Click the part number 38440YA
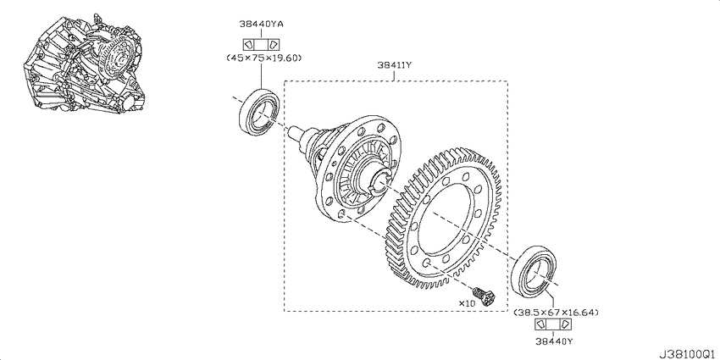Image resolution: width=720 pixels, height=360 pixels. pos(261,24)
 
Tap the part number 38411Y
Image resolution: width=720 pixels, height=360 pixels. pos(394,65)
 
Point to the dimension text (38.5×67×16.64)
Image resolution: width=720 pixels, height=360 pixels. pos(556,313)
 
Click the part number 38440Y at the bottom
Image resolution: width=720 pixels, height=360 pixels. pos(554,341)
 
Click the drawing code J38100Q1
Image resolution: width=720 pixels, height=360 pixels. pos(689,355)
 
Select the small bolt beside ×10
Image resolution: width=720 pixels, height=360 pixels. pos(484,295)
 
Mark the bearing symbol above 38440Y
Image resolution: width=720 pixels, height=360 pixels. pos(553,324)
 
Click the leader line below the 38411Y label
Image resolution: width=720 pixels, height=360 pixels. pos(394,75)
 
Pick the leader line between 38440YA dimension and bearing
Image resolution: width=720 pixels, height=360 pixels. pos(261,75)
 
